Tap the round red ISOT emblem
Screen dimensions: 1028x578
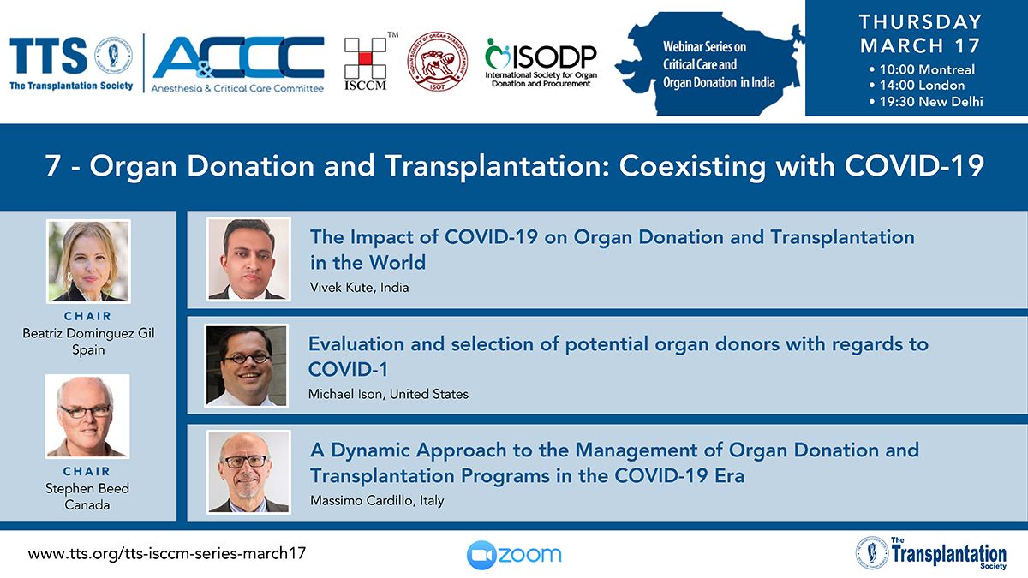click(x=438, y=62)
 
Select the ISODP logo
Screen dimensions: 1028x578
click(x=541, y=63)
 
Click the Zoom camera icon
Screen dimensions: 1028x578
click(x=481, y=555)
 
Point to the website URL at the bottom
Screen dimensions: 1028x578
click(x=166, y=554)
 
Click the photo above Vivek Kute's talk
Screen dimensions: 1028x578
click(x=248, y=259)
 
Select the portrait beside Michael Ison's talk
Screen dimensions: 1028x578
click(x=247, y=366)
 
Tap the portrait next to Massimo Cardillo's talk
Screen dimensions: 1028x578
click(x=248, y=472)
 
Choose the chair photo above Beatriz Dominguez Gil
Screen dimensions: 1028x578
click(x=88, y=261)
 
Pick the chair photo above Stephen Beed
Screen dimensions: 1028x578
click(x=87, y=416)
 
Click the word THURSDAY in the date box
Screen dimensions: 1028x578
click(x=921, y=22)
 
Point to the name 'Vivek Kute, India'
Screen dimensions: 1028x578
click(x=359, y=288)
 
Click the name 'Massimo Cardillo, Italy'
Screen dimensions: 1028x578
click(x=377, y=500)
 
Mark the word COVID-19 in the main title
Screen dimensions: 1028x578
click(x=914, y=165)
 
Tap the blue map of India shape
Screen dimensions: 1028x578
click(x=710, y=63)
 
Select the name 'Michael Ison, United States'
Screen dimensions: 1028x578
click(x=388, y=394)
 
